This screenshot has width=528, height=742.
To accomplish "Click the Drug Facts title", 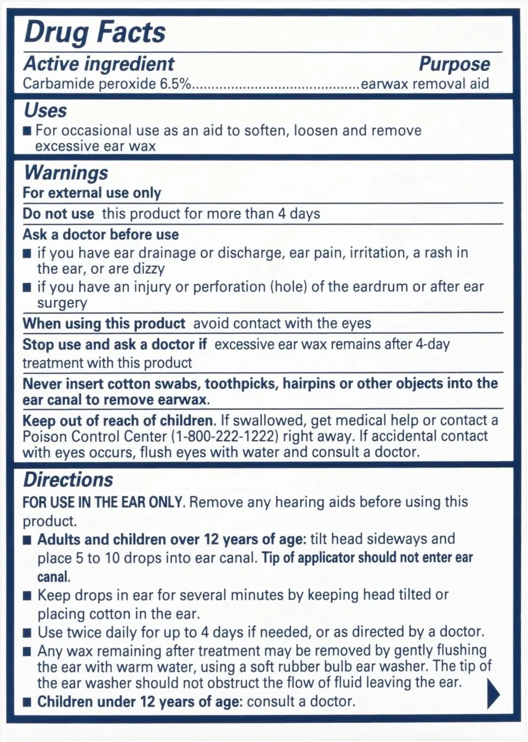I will tap(95, 33).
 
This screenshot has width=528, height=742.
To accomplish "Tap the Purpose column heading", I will tap(454, 64).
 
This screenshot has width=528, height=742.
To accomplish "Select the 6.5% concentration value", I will tap(175, 84).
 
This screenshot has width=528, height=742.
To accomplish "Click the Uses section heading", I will tap(45, 111).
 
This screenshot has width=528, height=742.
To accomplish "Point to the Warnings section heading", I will tap(66, 173).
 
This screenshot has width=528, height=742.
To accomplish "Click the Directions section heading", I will tap(68, 480).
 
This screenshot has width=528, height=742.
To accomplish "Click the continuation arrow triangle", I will tap(493, 694).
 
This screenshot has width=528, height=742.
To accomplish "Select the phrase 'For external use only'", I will tap(92, 193).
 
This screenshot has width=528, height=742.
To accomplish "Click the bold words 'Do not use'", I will tap(58, 214).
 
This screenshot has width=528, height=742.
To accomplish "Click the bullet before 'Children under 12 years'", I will tap(28, 702).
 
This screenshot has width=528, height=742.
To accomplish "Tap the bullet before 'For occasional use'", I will tap(28, 131).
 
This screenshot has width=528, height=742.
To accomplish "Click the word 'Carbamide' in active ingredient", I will tap(58, 84).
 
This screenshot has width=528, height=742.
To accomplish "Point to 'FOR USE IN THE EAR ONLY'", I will tap(104, 502).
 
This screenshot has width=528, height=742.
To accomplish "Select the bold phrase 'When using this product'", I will tap(104, 324).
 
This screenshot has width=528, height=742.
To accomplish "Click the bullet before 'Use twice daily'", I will tap(28, 633).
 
